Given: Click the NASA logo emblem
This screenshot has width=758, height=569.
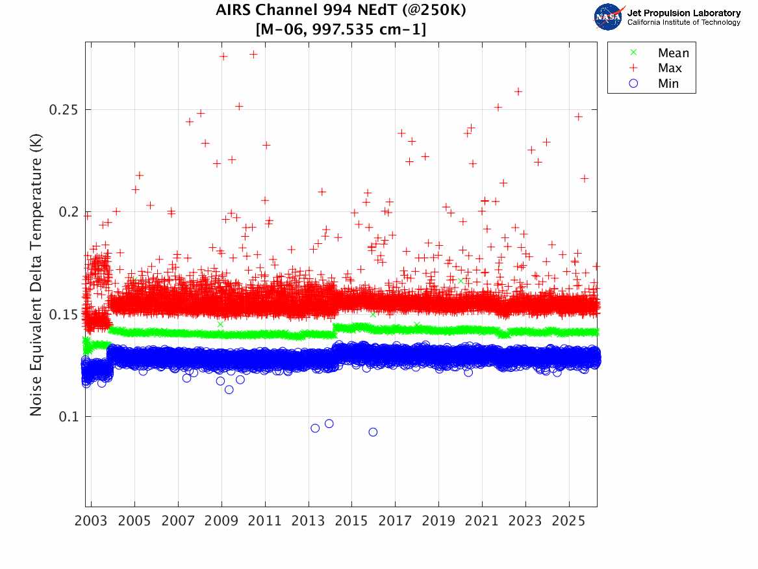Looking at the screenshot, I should coord(609,17).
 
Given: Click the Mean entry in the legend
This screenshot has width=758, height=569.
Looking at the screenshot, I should coord(672,53).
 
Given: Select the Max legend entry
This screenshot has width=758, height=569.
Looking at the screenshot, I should coord(670,68).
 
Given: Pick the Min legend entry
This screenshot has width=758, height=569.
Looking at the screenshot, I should coord(668,83).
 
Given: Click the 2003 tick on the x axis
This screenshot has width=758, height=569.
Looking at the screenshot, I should coord(92,522).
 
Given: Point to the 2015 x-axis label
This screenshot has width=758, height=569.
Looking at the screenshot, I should coord(351,522).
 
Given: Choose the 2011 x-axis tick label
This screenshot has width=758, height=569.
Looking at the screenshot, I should coord(265,522).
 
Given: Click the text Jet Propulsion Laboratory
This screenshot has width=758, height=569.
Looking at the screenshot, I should coord(684,13).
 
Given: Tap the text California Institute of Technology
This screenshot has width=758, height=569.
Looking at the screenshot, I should coord(684,22).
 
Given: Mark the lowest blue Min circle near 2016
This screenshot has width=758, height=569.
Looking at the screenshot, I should coord(373,432).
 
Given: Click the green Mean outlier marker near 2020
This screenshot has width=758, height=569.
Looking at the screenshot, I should coord(461,281).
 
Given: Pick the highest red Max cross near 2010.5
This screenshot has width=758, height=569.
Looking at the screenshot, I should coord(253,55).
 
